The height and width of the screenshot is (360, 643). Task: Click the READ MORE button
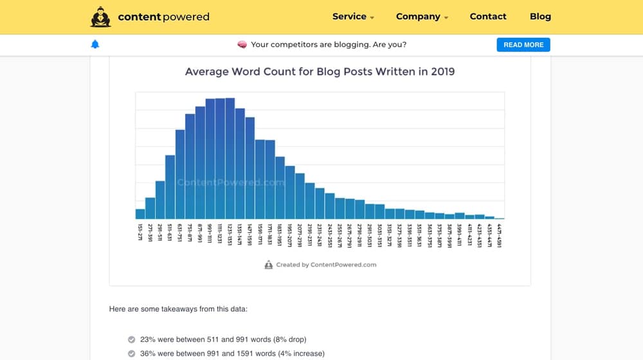[523, 45]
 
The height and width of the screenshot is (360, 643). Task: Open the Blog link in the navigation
[540, 17]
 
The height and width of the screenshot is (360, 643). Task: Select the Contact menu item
[488, 17]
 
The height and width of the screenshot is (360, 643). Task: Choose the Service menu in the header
[353, 17]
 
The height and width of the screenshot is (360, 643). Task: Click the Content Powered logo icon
[101, 17]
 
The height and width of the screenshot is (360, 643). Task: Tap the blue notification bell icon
[96, 44]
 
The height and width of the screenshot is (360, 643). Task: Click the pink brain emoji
[242, 44]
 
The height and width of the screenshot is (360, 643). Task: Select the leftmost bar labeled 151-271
[140, 214]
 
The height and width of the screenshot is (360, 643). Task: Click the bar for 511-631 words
[170, 187]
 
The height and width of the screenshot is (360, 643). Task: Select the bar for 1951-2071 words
[290, 193]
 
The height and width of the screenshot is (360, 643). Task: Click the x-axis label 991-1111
[210, 235]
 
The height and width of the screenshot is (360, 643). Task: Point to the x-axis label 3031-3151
[379, 235]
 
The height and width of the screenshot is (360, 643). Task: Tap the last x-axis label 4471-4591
[499, 235]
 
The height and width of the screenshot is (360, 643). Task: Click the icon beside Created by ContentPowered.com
[269, 265]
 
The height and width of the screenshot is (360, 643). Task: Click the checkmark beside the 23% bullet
[131, 339]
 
